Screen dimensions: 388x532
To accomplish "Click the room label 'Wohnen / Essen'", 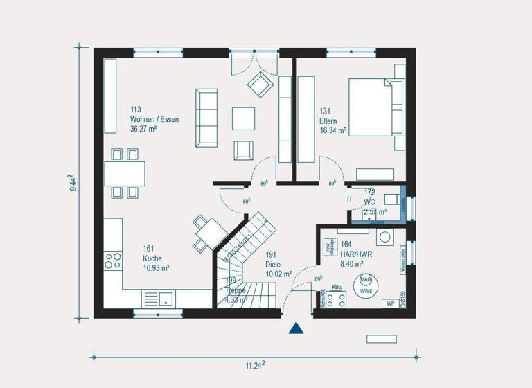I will click(154, 119).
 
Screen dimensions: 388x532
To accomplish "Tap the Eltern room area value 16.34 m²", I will click(332, 130).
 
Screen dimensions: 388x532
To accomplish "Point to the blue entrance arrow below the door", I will click(296, 328).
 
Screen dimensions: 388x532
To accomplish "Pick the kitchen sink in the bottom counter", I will click(165, 299).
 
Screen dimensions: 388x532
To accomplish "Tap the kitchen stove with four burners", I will click(112, 261).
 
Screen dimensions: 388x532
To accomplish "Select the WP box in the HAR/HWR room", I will click(391, 303).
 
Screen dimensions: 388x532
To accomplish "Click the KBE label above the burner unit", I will click(337, 287).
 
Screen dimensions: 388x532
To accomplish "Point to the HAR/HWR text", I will click(355, 254).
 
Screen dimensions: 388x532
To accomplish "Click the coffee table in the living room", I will click(243, 118).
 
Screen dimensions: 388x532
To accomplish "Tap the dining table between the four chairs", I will click(125, 173).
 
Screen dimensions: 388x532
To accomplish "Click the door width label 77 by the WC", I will click(349, 199).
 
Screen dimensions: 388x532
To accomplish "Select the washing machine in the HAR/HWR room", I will click(384, 236).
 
